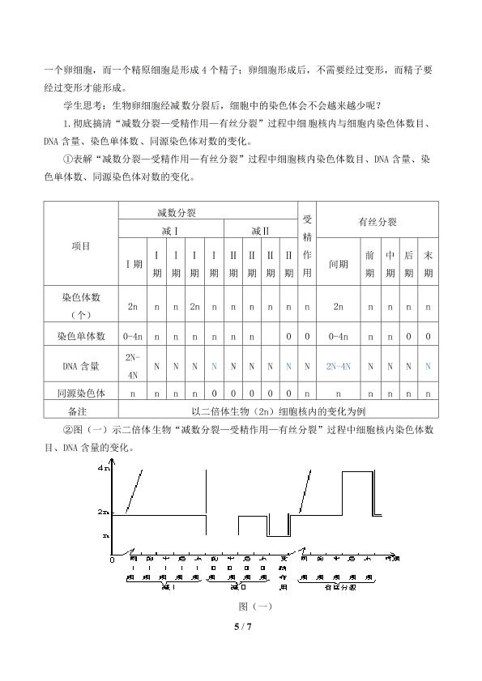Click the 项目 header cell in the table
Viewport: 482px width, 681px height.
(81, 245)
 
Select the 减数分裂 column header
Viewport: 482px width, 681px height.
(177, 212)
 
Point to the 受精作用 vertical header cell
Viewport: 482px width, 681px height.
(307, 245)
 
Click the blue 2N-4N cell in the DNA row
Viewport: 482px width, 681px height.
(338, 366)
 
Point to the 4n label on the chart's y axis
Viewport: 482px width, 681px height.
(103, 469)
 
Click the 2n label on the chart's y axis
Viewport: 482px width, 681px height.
(103, 513)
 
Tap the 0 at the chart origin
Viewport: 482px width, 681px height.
(112, 560)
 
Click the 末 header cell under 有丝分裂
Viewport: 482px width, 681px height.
(428, 264)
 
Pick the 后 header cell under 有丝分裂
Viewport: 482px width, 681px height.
(409, 264)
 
